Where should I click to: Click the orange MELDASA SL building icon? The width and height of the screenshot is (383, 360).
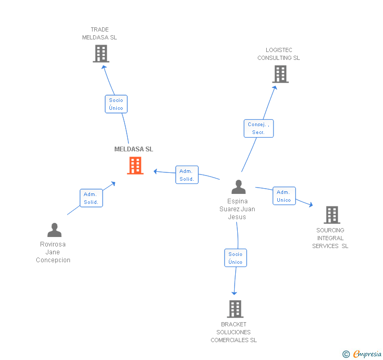[x=135, y=166]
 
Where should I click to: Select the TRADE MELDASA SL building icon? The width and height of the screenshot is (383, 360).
[x=100, y=54]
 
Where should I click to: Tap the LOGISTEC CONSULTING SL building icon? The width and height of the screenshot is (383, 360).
[x=280, y=74]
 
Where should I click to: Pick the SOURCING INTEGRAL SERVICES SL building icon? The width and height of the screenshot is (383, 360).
[x=331, y=214]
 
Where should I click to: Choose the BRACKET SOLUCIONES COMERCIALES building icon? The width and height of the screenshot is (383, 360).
[x=235, y=308]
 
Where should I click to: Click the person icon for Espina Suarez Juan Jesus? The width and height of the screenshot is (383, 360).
[x=239, y=187]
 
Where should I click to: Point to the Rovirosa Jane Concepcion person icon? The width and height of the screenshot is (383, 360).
[x=54, y=230]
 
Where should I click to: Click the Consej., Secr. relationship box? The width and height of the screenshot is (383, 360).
[x=258, y=129]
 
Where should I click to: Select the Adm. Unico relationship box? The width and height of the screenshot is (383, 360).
[x=284, y=196]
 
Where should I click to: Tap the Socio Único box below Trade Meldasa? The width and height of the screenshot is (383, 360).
[x=116, y=104]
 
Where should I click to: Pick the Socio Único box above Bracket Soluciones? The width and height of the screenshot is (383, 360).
[x=235, y=258]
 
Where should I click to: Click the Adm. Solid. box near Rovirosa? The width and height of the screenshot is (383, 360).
[x=91, y=198]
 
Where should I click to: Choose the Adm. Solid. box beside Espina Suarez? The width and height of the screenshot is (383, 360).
[x=187, y=175]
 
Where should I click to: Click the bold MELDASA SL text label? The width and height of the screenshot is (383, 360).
[x=134, y=149]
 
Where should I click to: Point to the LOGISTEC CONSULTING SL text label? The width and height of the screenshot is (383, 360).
[x=278, y=54]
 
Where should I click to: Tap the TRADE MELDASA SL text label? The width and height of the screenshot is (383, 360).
[x=99, y=34]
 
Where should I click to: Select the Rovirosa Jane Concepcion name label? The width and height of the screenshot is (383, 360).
[x=53, y=252]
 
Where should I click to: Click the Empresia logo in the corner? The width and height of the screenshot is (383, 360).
[x=367, y=354]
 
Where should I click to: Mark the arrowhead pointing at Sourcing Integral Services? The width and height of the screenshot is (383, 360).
[x=310, y=205]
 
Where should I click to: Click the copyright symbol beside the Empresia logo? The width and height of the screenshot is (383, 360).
[x=346, y=354]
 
